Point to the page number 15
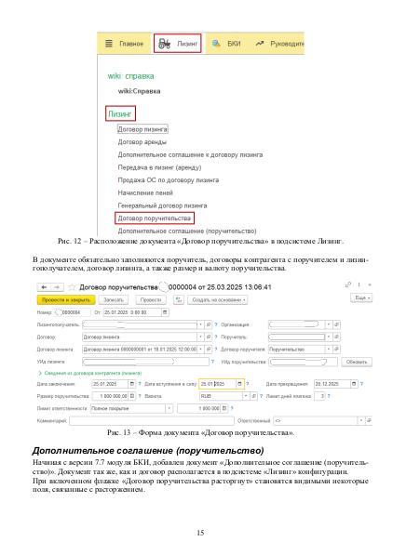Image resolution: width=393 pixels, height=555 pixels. pos(199,533)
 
